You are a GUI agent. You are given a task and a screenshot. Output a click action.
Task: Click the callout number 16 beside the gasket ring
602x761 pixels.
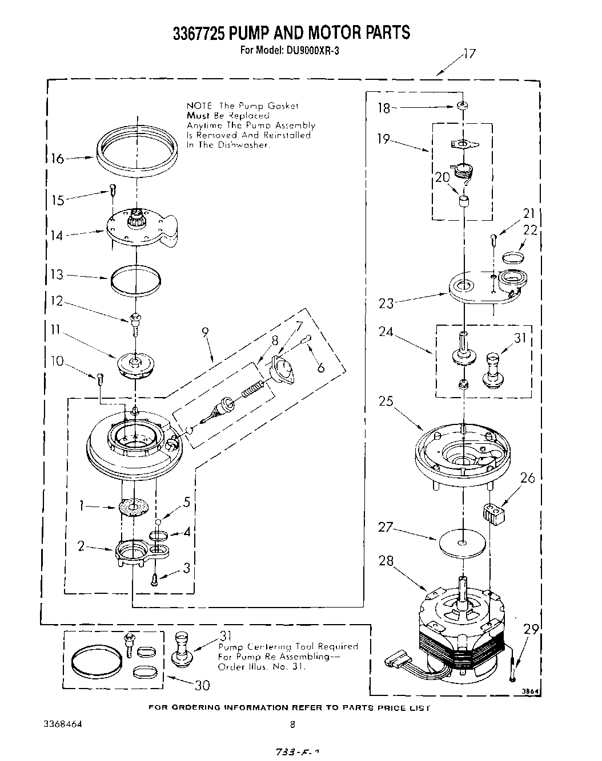[57, 159]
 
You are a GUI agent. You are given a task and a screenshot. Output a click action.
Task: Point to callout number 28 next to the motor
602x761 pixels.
[386, 561]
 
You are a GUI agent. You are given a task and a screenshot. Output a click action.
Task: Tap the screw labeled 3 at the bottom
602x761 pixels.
[154, 580]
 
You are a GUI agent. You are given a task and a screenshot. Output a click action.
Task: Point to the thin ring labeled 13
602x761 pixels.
[135, 280]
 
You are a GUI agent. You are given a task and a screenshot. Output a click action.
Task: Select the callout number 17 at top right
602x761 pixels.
[469, 55]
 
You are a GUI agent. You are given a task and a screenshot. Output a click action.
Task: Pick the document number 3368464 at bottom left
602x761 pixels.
[63, 724]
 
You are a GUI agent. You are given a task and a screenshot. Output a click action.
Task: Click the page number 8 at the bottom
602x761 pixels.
[292, 724]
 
